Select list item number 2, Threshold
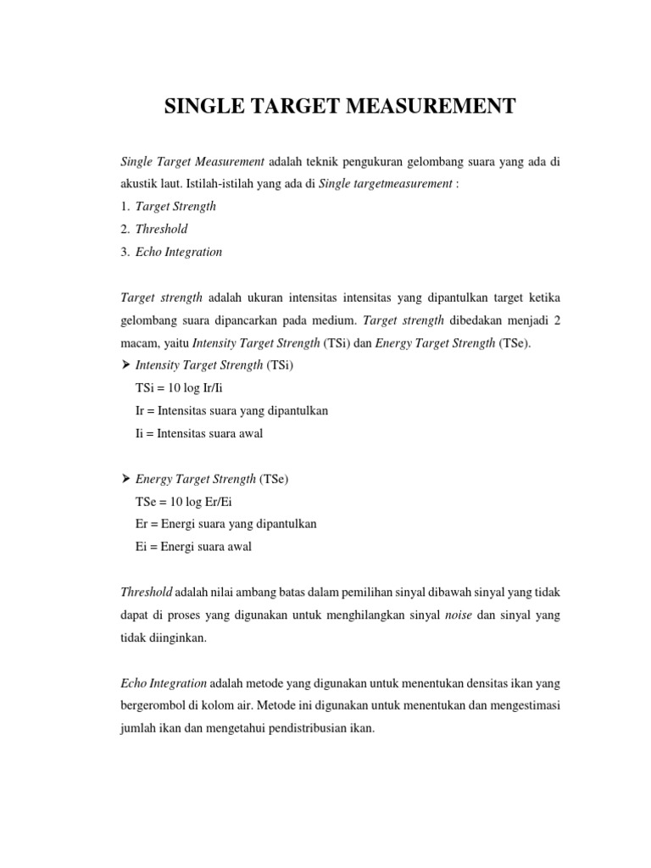(x=161, y=229)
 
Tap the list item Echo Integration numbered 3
(x=178, y=252)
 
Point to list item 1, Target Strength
(x=175, y=206)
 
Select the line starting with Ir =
(x=231, y=410)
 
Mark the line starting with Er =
(x=225, y=524)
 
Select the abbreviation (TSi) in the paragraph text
(x=333, y=342)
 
